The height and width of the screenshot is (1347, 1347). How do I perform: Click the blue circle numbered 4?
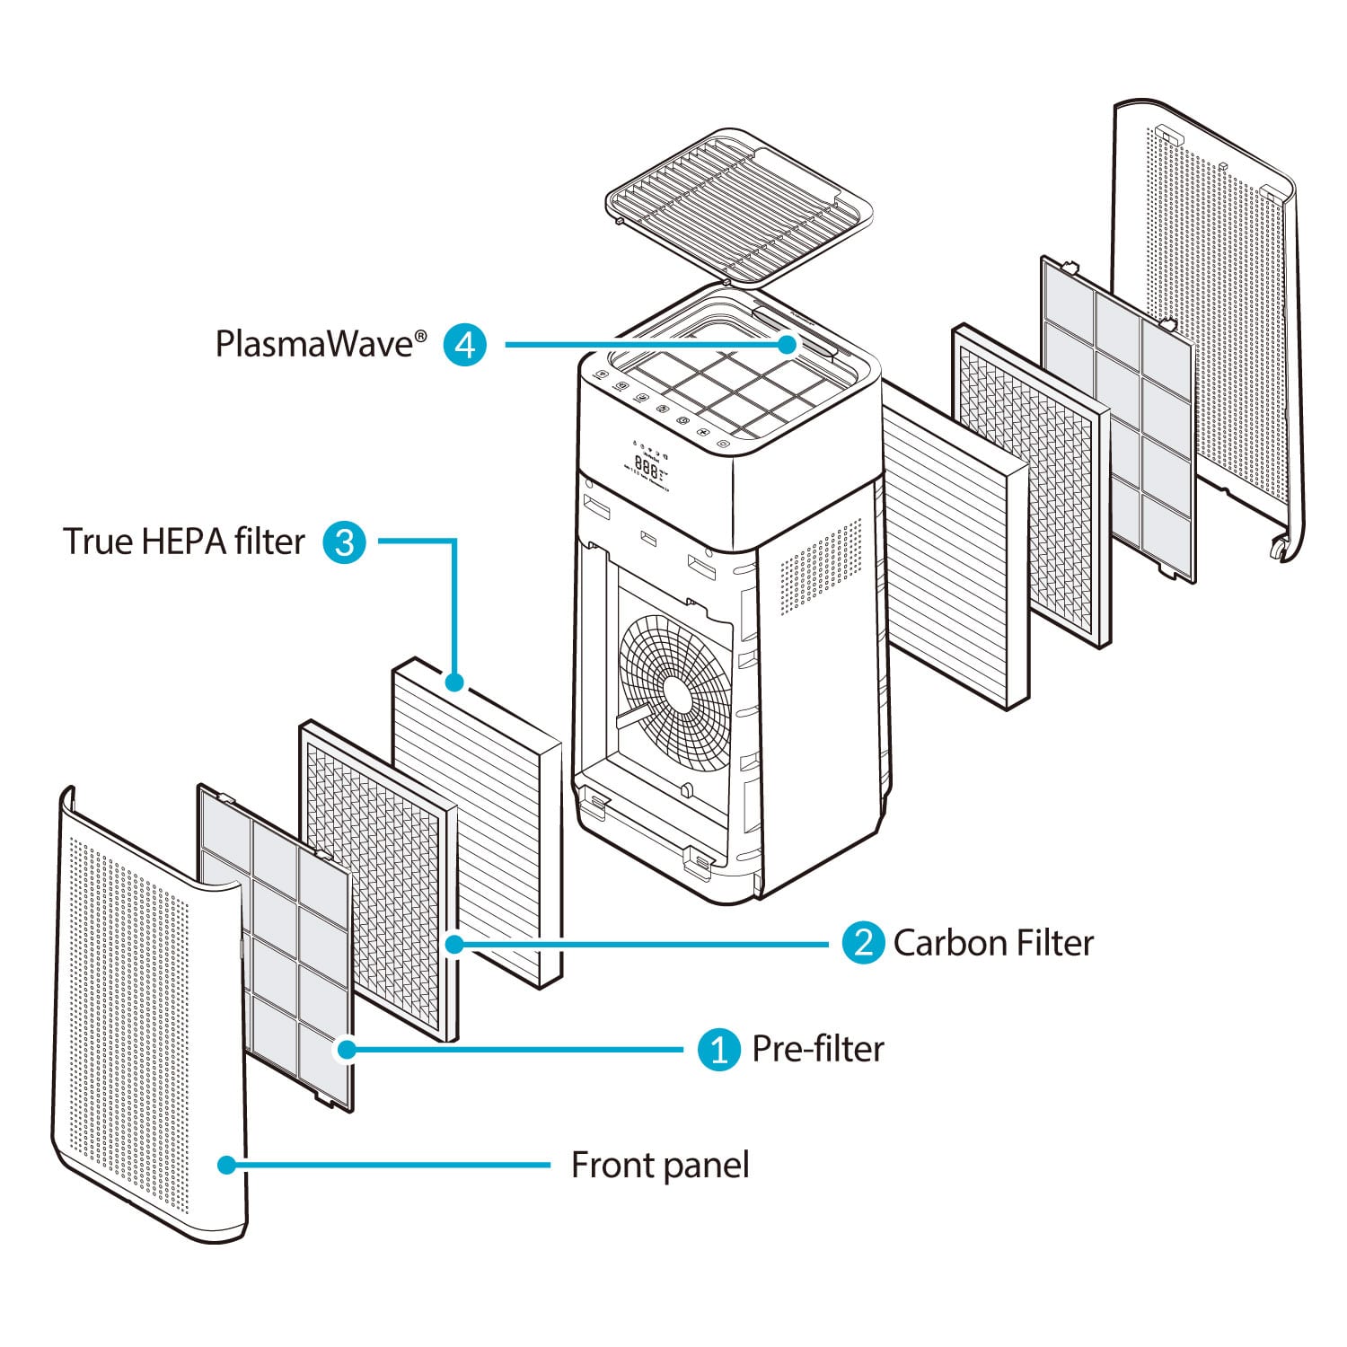click(x=465, y=345)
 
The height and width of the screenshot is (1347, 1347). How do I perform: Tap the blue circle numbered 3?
click(x=344, y=542)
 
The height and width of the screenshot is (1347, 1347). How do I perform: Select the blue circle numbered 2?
click(x=863, y=943)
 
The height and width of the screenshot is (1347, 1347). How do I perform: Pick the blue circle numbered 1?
click(x=718, y=1049)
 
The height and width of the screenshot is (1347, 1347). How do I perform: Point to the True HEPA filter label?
click(x=184, y=541)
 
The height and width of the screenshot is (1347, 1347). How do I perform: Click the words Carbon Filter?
click(x=993, y=943)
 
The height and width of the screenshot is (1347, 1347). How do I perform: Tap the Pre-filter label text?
click(x=817, y=1049)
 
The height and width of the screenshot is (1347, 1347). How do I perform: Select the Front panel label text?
click(x=660, y=1166)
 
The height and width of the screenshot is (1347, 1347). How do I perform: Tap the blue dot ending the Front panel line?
click(x=226, y=1165)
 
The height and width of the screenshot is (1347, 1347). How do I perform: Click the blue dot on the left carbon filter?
click(x=454, y=944)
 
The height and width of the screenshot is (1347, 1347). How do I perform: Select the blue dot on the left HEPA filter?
click(x=455, y=682)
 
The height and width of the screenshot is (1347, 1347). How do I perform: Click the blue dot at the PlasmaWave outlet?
click(x=788, y=345)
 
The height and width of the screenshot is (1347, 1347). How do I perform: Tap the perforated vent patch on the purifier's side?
click(x=817, y=566)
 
